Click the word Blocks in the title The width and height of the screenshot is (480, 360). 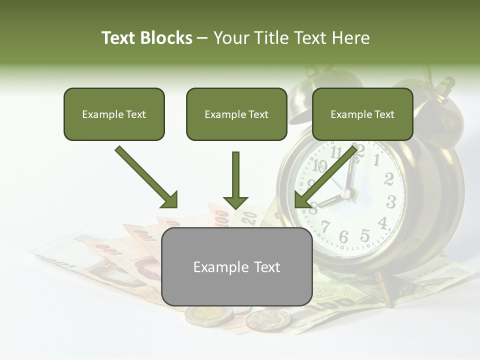(x=166, y=38)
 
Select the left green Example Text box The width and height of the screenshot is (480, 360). (x=114, y=114)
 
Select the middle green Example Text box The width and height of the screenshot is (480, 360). (x=236, y=114)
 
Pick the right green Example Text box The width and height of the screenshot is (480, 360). (x=362, y=114)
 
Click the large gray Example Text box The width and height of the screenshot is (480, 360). (x=236, y=267)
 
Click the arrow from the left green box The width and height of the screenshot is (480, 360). (x=147, y=177)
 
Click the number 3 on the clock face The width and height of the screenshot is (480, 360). (x=391, y=202)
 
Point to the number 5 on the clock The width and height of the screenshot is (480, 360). (x=365, y=235)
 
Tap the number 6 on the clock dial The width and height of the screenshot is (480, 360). (x=343, y=237)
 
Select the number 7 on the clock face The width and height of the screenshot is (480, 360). (x=325, y=226)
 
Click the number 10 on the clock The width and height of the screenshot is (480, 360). (x=320, y=165)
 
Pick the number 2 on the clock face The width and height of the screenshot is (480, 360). (x=388, y=178)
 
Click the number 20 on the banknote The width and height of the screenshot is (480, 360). (x=250, y=217)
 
